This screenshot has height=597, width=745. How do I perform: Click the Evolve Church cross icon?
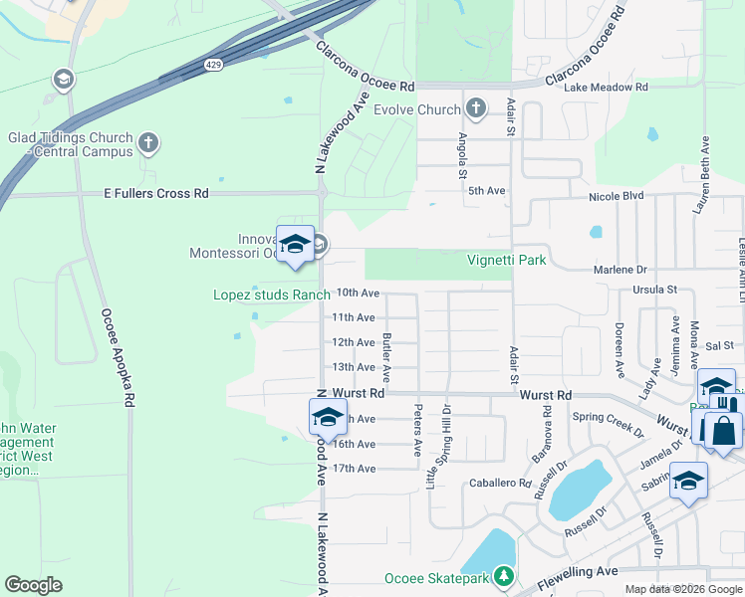click(476, 108)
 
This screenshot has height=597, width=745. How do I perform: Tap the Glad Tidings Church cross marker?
click(148, 143)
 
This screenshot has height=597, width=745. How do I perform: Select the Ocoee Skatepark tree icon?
click(505, 577)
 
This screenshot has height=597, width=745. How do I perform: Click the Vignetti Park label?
click(505, 260)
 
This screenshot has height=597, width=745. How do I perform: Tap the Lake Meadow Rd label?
click(606, 88)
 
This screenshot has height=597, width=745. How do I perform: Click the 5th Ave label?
click(487, 190)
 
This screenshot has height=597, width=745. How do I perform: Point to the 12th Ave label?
click(353, 342)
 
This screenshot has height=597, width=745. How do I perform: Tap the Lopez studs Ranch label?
click(271, 295)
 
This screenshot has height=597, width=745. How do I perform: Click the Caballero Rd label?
click(500, 484)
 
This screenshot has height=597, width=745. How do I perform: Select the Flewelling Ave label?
click(578, 572)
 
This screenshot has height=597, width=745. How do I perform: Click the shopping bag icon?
click(722, 431)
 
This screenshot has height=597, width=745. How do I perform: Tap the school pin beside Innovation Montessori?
click(296, 245)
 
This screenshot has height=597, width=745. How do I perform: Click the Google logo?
click(33, 585)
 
